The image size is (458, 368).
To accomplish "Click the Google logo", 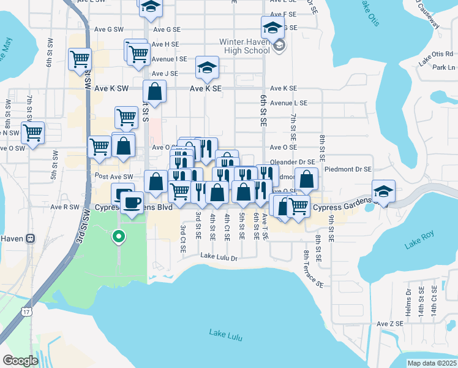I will coord(20,361).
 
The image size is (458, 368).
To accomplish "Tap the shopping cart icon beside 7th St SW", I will coord(32,132).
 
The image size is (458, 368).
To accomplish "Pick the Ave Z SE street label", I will coord(390,323).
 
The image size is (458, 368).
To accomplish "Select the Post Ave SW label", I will coord(114,177).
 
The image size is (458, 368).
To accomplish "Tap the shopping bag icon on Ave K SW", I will coord(155,92).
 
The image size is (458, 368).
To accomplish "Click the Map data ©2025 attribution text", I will coord(432,363).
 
